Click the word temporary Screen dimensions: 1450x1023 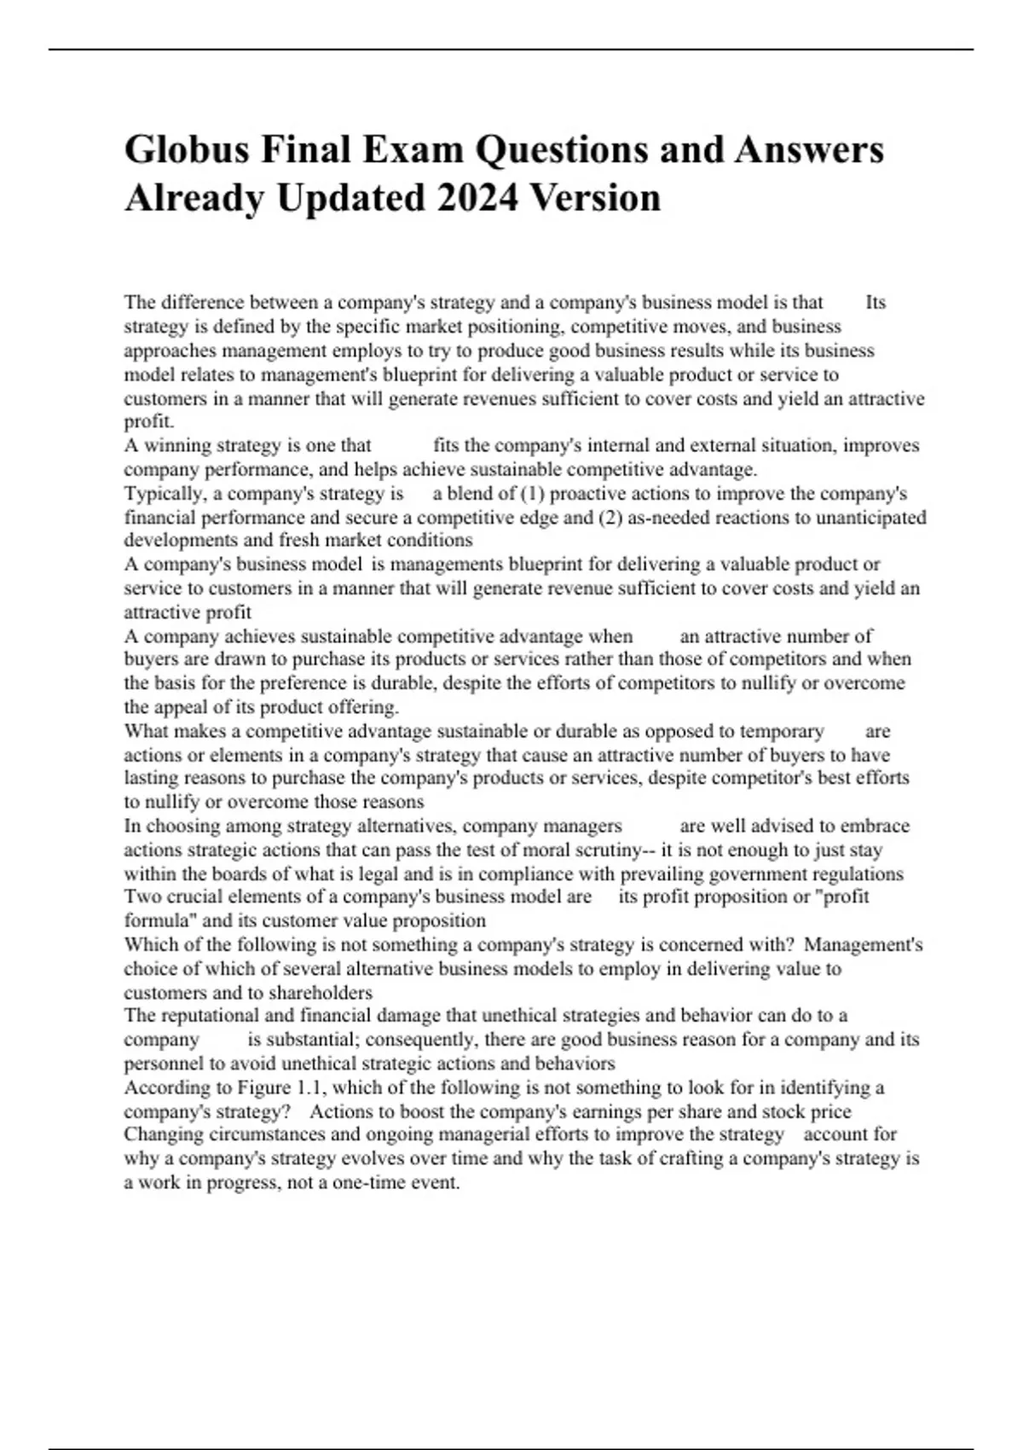click(x=782, y=731)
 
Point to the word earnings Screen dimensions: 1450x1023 click(x=627, y=1111)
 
